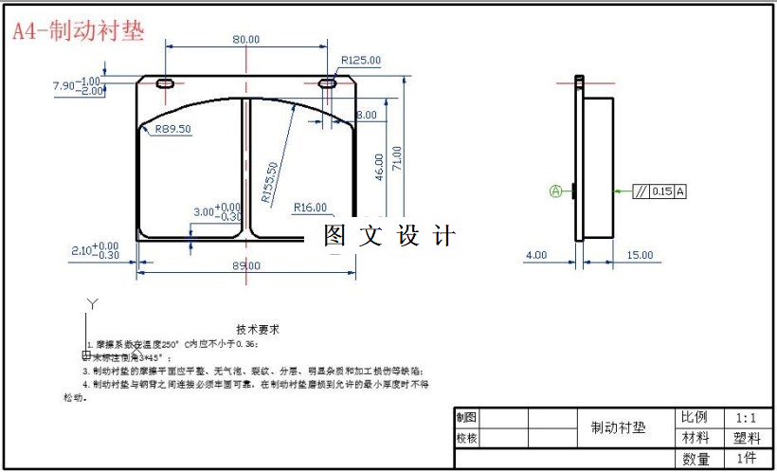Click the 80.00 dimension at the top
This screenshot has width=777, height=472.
tap(246, 39)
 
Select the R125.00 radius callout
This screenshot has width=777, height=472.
tap(360, 60)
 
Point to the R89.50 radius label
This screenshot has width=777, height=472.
tap(166, 128)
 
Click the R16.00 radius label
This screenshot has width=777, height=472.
tap(310, 207)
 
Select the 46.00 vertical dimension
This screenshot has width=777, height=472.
tap(379, 167)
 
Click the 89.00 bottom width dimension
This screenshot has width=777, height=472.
tap(246, 266)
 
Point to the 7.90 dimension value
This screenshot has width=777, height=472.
tap(63, 86)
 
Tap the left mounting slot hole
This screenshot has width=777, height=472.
tap(165, 84)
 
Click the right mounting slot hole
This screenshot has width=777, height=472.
tap(329, 84)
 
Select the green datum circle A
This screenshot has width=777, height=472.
tap(556, 191)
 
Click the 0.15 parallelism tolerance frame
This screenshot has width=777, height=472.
tap(660, 191)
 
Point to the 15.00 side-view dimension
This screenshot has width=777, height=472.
tap(640, 254)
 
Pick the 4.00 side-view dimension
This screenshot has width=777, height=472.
tap(536, 254)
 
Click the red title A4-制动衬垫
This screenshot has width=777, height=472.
tap(79, 30)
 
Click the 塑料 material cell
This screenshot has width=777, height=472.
tap(746, 438)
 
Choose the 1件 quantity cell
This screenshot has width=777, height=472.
tap(745, 459)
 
